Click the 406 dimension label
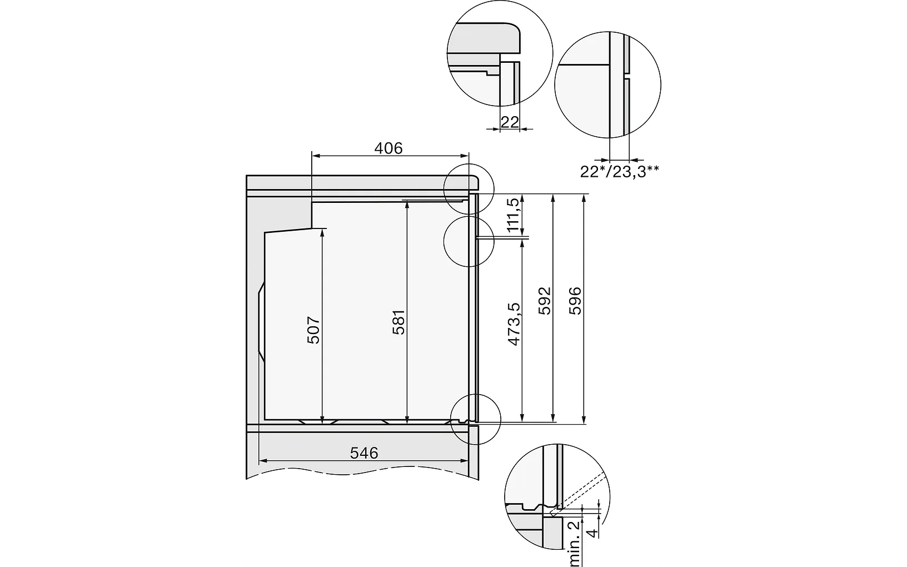tap(388, 148)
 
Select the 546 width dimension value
tap(364, 453)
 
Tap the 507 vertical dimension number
tap(314, 330)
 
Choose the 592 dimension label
tap(545, 300)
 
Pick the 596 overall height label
tap(575, 300)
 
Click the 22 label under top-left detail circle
tap(510, 122)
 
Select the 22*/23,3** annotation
tap(619, 171)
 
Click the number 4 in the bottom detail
tap(594, 533)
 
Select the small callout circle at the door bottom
tap(476, 419)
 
